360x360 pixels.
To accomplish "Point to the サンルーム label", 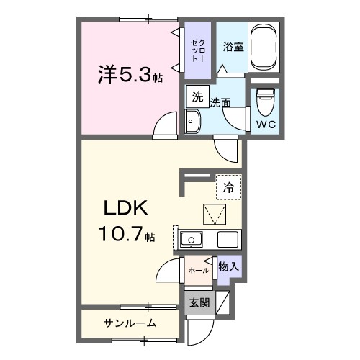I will click(130, 323).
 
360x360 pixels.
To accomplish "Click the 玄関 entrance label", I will click(199, 303).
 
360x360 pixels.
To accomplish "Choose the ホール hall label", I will click(198, 271).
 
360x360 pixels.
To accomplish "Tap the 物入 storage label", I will click(228, 266).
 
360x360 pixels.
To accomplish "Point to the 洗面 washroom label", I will click(221, 102).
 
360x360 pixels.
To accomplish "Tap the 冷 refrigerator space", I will click(228, 187).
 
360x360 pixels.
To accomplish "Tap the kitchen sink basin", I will click(192, 239).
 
